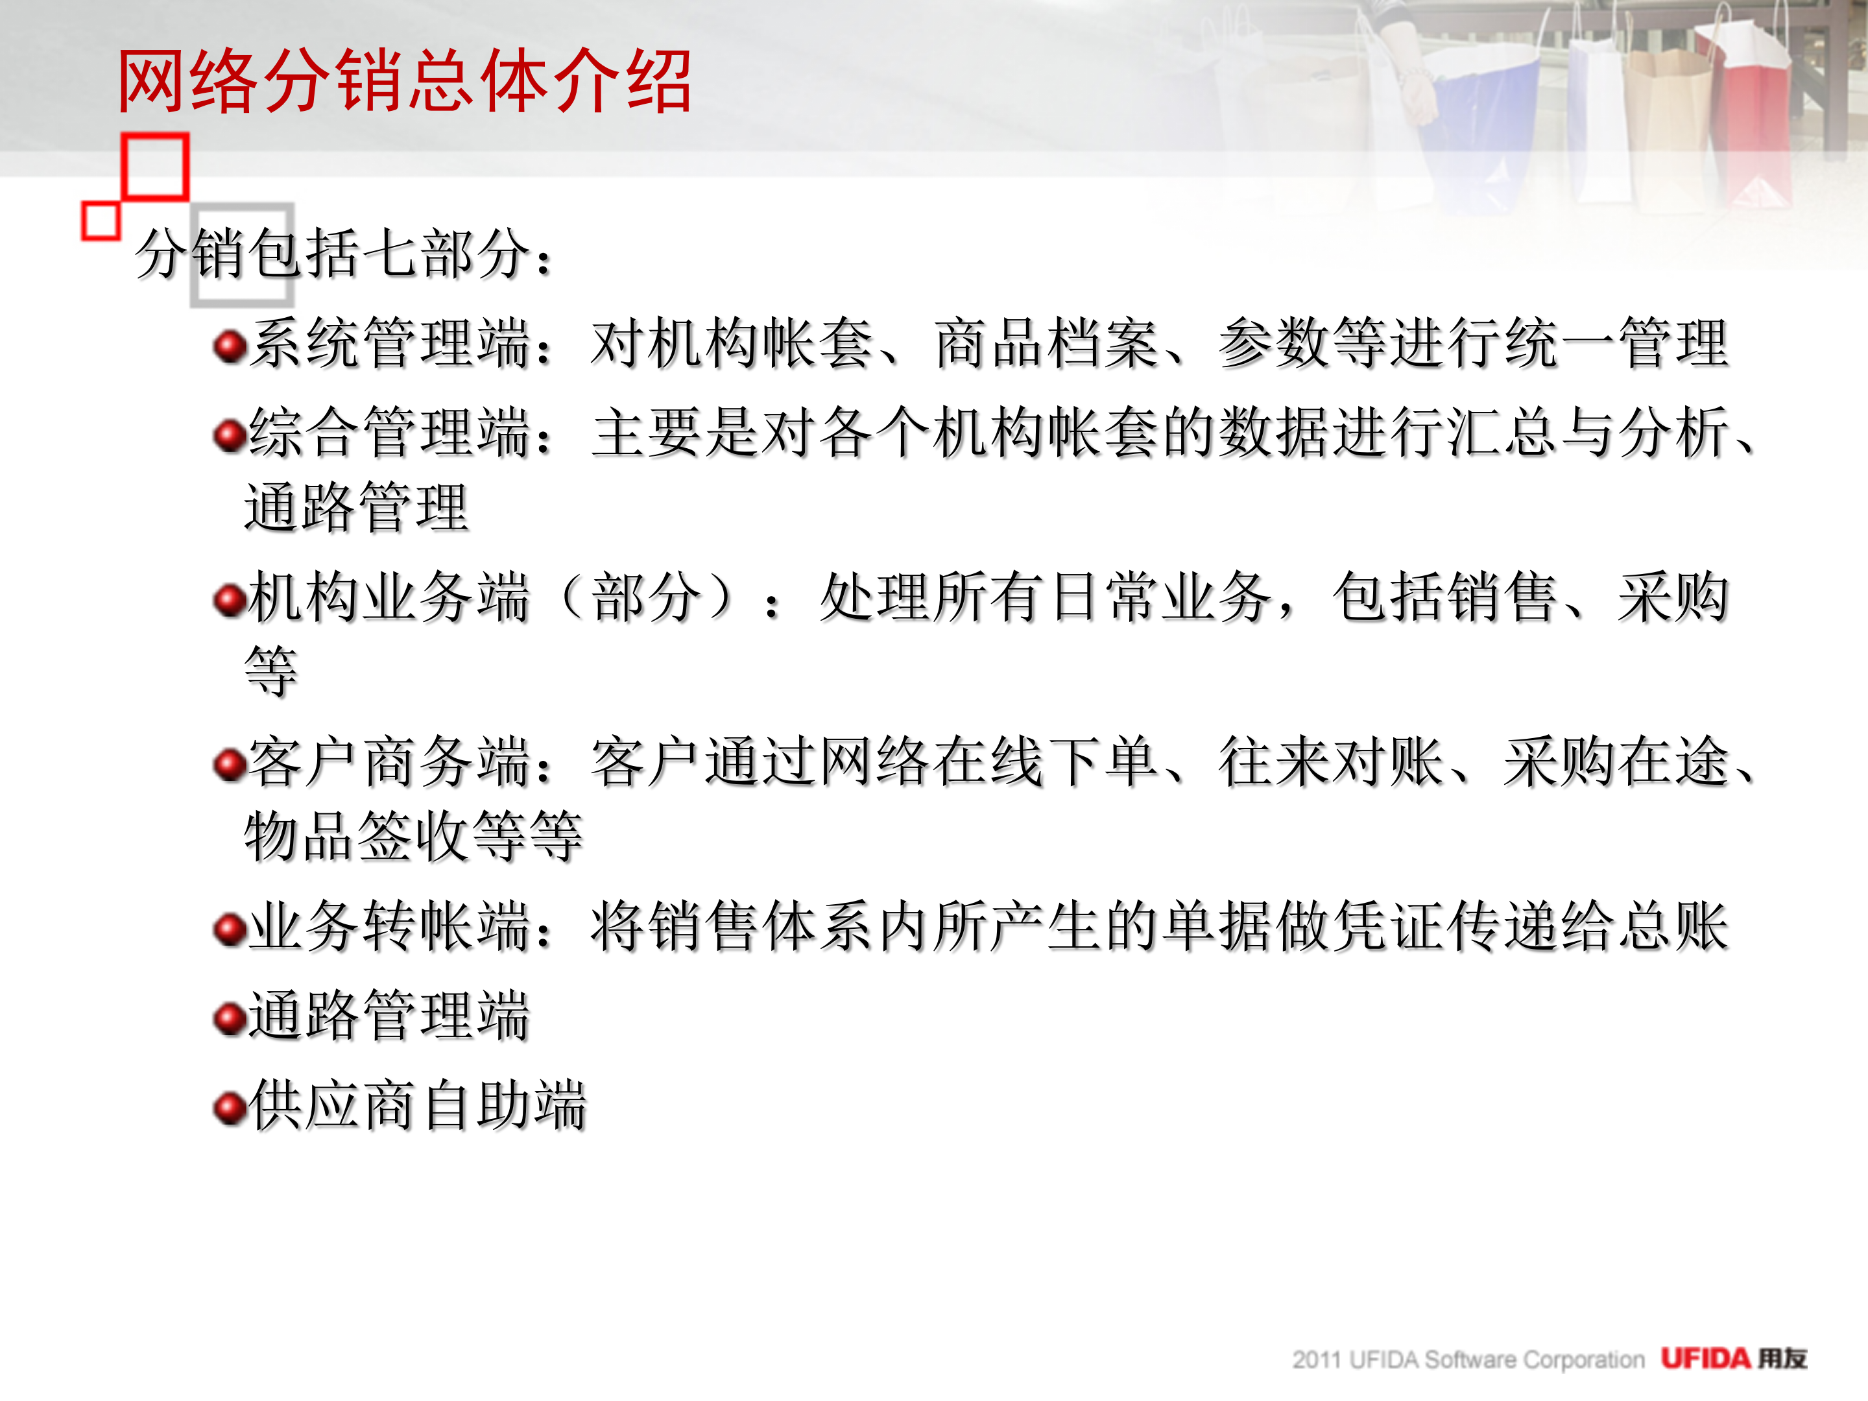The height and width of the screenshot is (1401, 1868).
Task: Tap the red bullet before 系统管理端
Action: [229, 346]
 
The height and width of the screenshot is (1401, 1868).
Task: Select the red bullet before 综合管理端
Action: [229, 435]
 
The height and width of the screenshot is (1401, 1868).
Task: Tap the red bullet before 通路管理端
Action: [229, 1018]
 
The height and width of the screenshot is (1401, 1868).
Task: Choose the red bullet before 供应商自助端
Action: [229, 1107]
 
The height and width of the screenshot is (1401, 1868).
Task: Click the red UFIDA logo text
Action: [1705, 1359]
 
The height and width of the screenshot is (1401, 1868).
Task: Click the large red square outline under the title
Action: [154, 166]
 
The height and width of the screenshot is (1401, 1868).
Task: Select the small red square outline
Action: [101, 221]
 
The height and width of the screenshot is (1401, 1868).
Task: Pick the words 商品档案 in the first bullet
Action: [1047, 344]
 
